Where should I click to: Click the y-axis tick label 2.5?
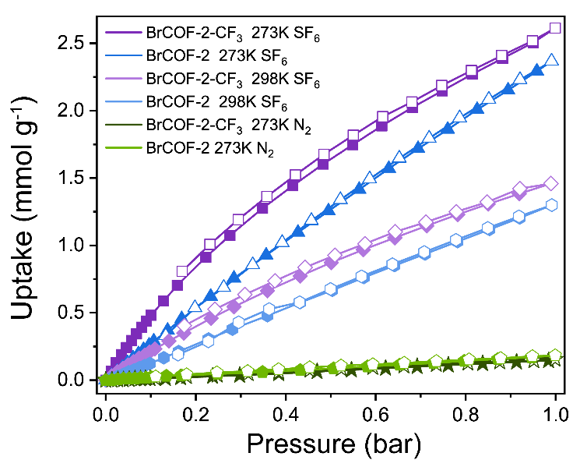coord(75,43)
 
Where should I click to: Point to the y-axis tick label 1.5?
coord(75,178)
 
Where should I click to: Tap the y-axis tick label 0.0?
coord(75,380)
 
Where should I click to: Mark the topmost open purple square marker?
coord(554,28)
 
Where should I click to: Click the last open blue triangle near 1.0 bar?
coord(552,60)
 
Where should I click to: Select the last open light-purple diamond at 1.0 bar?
coord(551,183)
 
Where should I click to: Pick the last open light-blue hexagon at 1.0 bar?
coord(552,204)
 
